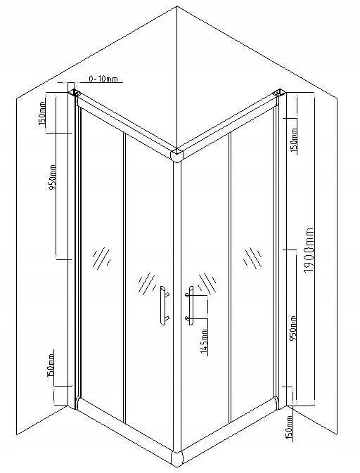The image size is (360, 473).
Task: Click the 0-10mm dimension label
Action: click(103, 79)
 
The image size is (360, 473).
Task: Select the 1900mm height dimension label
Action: click(309, 250)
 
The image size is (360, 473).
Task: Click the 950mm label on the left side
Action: click(52, 177)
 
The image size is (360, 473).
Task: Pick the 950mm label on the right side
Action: click(292, 328)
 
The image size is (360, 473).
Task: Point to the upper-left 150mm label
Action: click(42, 113)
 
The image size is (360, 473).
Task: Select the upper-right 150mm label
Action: click(295, 140)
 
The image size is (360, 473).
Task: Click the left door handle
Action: click(164, 306)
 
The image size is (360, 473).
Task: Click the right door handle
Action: click(190, 306)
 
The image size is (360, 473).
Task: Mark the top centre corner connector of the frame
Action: click(176, 155)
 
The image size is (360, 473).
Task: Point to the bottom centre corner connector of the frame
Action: click(176, 460)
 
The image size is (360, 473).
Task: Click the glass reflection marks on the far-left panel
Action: click(101, 259)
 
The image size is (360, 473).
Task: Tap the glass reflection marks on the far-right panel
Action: click(252, 258)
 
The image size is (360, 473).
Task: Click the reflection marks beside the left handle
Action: click(147, 283)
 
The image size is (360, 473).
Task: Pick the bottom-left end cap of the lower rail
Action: click(77, 403)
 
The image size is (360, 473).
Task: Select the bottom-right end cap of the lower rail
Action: click(276, 403)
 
